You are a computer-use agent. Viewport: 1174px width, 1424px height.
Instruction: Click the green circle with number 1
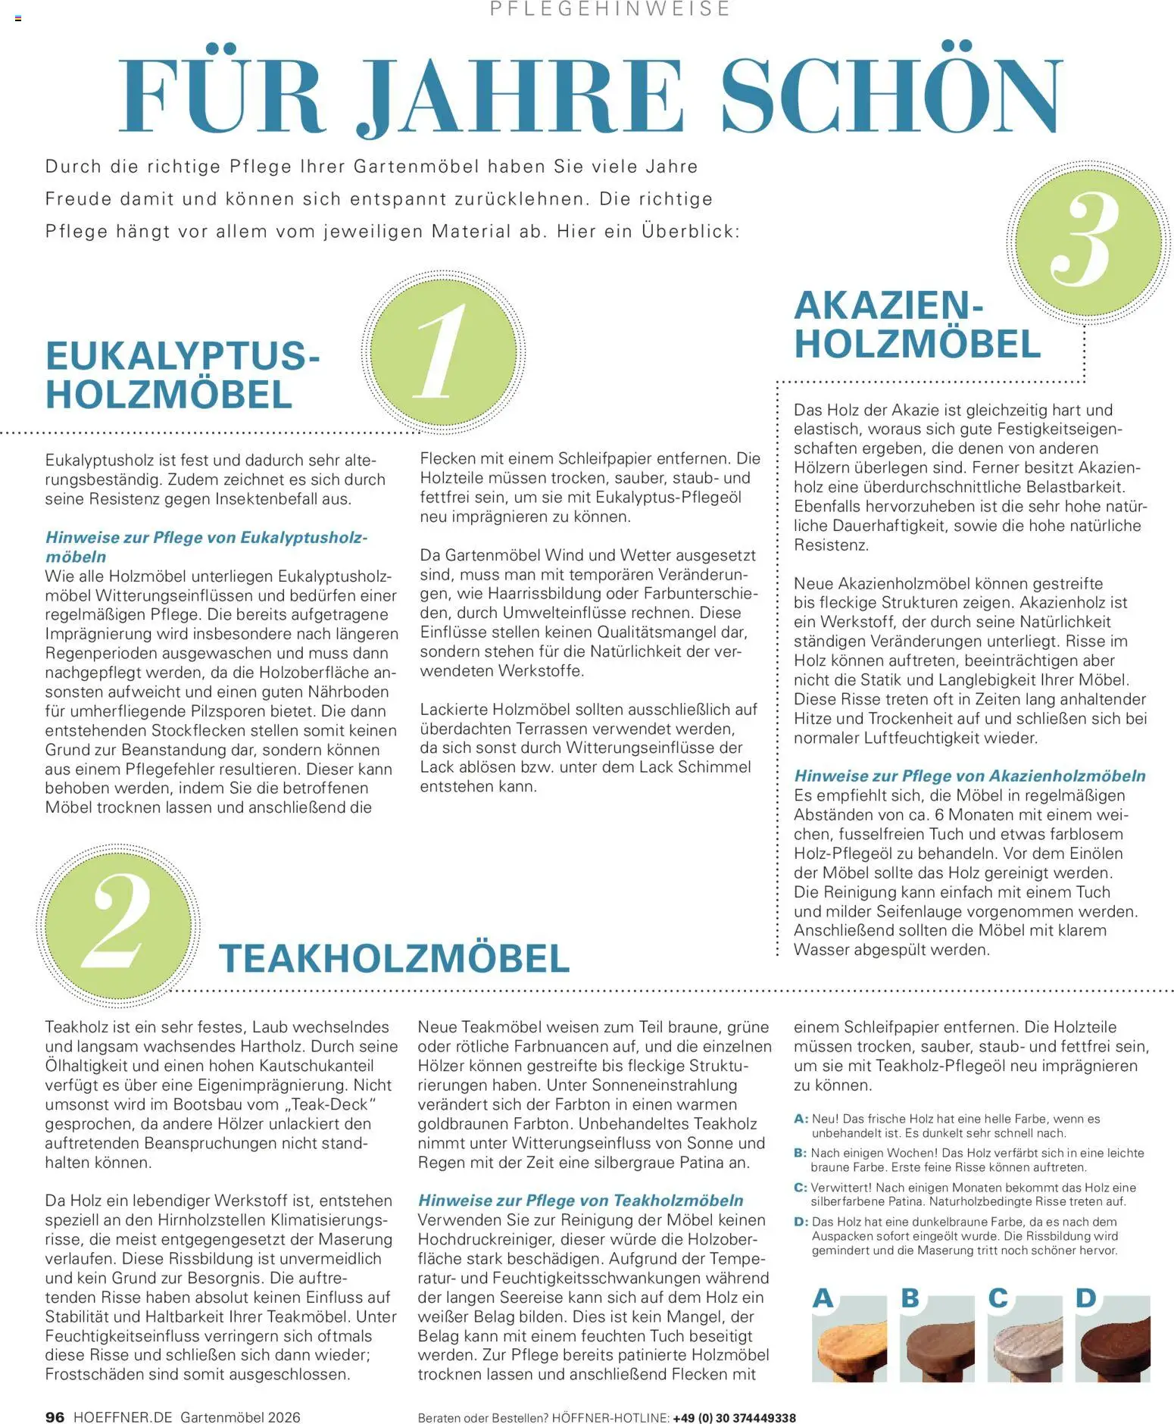click(x=443, y=353)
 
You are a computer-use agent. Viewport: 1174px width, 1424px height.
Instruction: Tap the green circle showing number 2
click(x=117, y=925)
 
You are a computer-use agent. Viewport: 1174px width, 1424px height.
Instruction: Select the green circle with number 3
click(x=1088, y=241)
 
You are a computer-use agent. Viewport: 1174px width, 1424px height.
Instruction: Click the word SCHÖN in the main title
click(x=891, y=97)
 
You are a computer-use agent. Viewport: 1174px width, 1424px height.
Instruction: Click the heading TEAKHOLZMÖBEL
click(x=394, y=958)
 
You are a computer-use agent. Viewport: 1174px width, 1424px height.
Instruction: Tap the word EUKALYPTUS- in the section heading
click(x=183, y=355)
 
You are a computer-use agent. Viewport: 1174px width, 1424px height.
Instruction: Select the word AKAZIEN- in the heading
click(x=888, y=305)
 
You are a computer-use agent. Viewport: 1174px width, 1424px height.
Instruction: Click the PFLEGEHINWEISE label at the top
click(x=610, y=9)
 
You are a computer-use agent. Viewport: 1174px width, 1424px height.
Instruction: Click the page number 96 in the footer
click(x=55, y=1416)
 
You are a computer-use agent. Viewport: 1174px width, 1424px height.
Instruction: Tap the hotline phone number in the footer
click(x=734, y=1417)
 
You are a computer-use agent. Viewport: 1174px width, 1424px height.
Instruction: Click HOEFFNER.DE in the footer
click(x=123, y=1416)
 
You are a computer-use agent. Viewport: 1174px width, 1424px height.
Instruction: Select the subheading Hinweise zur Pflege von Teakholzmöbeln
click(x=580, y=1200)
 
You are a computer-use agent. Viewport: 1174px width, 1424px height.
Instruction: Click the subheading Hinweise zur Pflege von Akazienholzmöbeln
click(x=969, y=776)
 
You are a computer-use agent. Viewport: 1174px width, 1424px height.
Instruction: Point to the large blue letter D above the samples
click(x=1085, y=1298)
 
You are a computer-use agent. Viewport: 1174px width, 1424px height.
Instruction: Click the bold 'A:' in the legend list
click(x=801, y=1119)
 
